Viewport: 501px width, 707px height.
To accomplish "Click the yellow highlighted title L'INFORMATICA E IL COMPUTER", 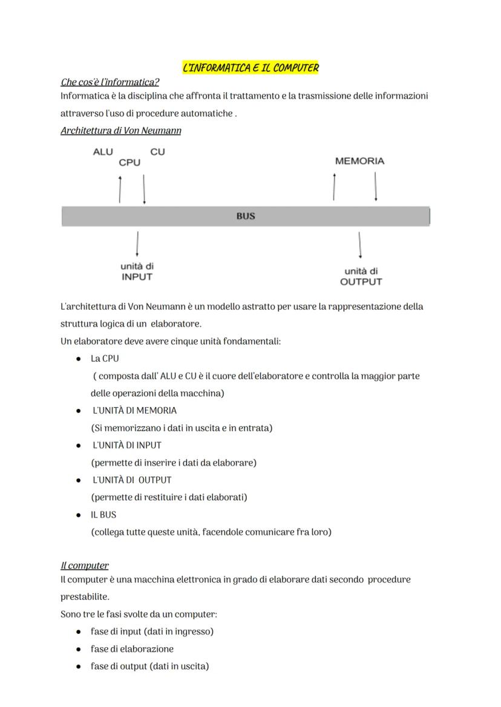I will pos(250,68).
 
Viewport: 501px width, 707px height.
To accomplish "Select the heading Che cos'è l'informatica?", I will pos(110,82).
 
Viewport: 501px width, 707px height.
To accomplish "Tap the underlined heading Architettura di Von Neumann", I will pos(120,131).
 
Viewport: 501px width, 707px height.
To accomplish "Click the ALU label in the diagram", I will pos(103,152).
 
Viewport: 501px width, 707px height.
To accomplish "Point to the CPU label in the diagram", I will pos(129,162).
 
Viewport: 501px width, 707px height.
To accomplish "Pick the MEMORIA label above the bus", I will pos(359,161).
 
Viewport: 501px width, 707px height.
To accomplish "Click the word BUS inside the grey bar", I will pos(246,216).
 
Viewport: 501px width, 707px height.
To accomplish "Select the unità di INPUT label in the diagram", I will pos(137,272).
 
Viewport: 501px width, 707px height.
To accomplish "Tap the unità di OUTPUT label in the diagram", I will pos(361,276).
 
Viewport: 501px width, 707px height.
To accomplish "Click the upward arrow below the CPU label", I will pos(120,189).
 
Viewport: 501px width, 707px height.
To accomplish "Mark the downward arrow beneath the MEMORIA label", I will pos(376,186).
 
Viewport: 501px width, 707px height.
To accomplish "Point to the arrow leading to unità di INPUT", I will pos(138,244).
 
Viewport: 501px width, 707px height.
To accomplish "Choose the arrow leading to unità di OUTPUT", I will pos(361,245).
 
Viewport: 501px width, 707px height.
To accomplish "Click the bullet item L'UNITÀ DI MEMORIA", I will pos(134,411).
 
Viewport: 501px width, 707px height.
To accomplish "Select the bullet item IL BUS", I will pos(103,515).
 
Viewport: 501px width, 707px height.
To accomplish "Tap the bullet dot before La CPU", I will pos(79,359).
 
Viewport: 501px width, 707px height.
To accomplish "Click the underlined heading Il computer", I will pos(85,565).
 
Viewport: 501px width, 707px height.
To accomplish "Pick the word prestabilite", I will pos(85,597).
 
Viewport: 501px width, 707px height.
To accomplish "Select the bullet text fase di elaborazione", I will pos(132,649).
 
